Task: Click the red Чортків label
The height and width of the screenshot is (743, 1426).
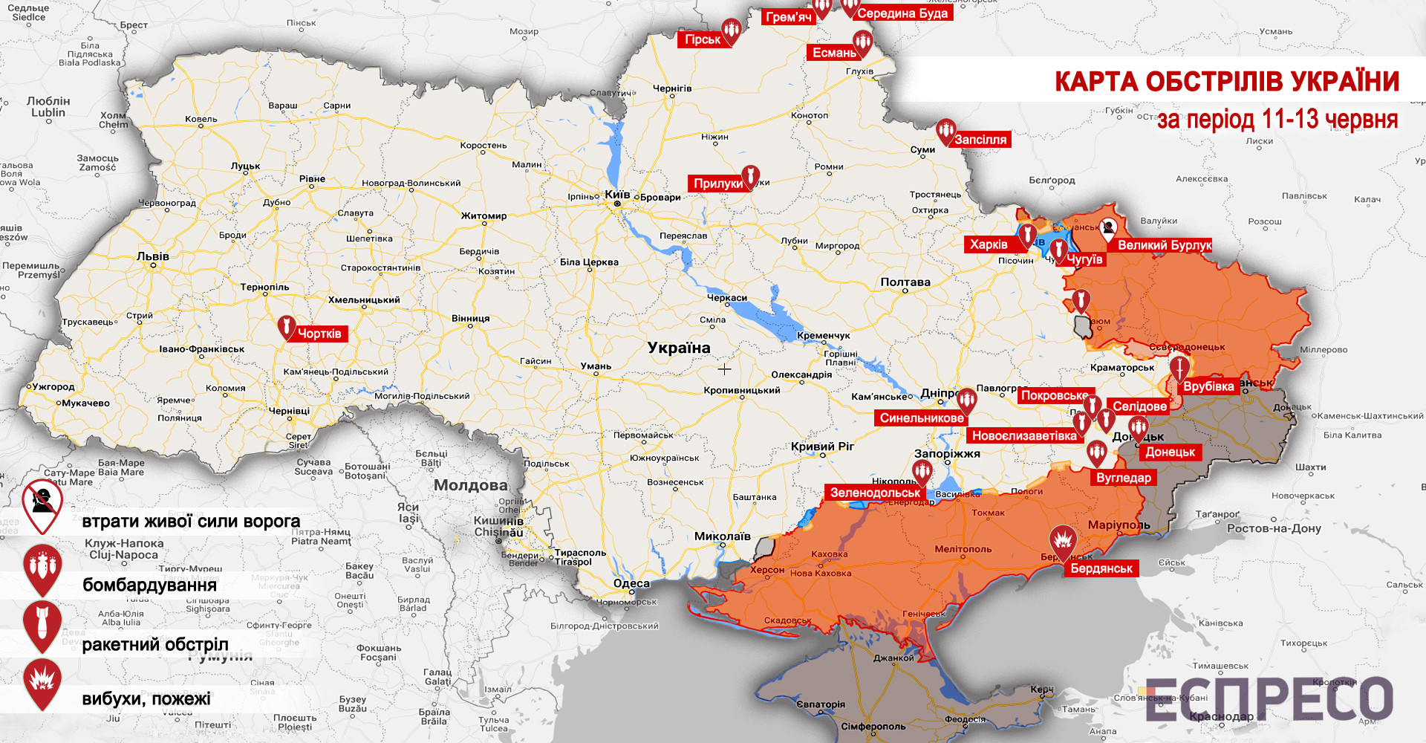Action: tap(320, 334)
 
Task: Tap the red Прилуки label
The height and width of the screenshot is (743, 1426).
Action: tap(717, 184)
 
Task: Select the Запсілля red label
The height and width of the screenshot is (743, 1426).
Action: tap(980, 140)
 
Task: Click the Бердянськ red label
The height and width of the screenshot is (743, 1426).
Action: tap(1101, 568)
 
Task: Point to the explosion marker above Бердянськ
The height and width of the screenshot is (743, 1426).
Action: tap(1063, 540)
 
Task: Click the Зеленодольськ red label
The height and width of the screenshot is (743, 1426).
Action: tap(875, 493)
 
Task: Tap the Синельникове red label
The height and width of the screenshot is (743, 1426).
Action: tap(922, 418)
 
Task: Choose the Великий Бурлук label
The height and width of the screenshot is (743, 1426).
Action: tap(1164, 245)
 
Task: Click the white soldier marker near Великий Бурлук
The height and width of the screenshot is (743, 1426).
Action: tap(1107, 228)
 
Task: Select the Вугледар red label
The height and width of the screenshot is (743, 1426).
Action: tap(1124, 478)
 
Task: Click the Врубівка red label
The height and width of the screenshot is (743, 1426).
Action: tap(1208, 386)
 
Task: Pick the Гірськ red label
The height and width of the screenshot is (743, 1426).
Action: tap(702, 39)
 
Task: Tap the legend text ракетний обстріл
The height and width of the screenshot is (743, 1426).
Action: tap(155, 644)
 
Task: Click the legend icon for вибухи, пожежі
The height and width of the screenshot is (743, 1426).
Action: tap(42, 681)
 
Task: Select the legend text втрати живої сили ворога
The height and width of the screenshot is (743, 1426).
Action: tap(191, 521)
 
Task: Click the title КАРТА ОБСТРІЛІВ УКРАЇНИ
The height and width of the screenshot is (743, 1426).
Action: tap(1227, 82)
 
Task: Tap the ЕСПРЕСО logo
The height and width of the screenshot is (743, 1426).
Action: tap(1269, 698)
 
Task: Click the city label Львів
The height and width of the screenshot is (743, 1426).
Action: tap(153, 256)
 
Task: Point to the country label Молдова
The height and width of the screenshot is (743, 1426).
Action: tap(471, 485)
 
